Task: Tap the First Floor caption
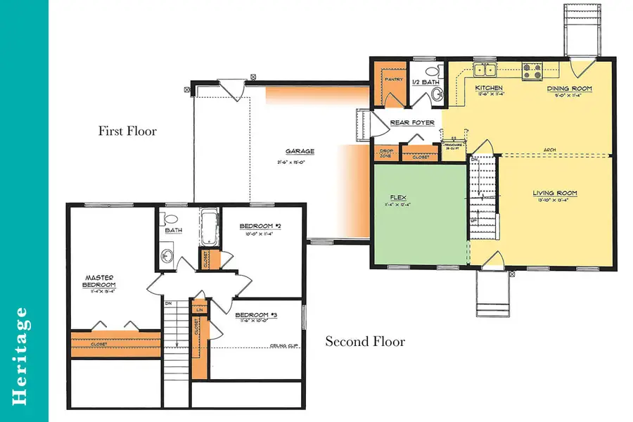[127, 131]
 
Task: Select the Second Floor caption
[364, 342]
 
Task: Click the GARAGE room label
[300, 151]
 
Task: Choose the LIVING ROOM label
[555, 192]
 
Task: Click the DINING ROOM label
[570, 89]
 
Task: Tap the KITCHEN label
[490, 89]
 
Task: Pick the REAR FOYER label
[412, 122]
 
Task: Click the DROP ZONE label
[386, 153]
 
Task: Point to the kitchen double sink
[484, 69]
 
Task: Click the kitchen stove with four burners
[531, 69]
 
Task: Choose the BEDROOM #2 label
[261, 226]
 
